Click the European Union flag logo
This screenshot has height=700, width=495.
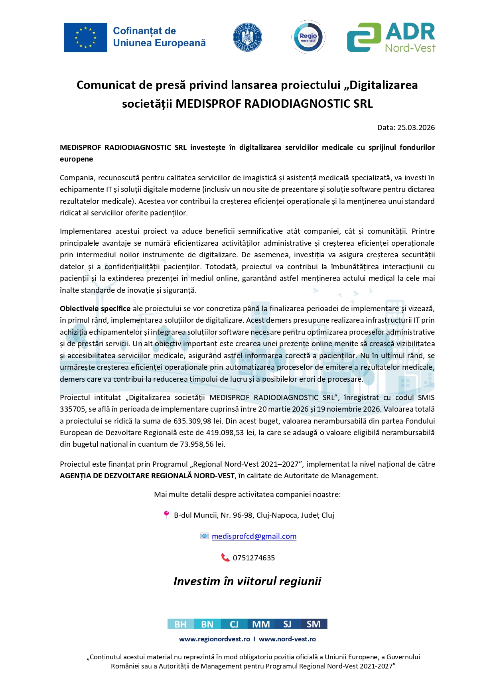85,37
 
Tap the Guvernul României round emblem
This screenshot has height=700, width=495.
247,37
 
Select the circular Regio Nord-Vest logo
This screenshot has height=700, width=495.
308,37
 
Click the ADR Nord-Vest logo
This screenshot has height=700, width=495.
391,37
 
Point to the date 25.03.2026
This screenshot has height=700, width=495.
415,128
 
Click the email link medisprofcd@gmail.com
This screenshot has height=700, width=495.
254,536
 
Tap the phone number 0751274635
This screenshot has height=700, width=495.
254,558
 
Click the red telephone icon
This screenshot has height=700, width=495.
225,558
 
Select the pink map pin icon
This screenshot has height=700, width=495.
166,515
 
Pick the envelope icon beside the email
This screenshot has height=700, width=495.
204,536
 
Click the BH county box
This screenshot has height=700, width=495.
181,624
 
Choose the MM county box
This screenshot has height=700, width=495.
261,624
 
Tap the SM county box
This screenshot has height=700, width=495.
314,624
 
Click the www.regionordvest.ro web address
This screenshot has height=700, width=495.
215,639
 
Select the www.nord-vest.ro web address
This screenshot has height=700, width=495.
287,639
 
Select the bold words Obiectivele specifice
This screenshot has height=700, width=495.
95,309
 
